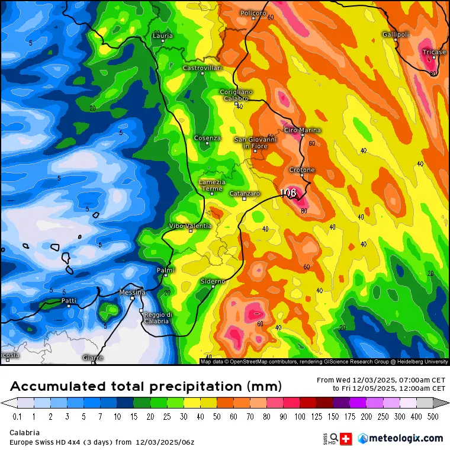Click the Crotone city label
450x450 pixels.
coord(302,170)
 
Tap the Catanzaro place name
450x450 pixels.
coord(244,194)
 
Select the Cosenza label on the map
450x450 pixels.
coord(207,138)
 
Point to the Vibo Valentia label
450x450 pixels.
coord(190,226)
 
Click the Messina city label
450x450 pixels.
coord(132,292)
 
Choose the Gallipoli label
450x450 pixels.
coord(396,34)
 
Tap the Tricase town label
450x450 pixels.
coord(434,52)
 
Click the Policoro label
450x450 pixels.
coord(253,13)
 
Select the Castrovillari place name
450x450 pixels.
coord(202,68)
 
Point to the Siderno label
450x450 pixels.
coord(213,281)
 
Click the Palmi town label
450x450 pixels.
coord(165,270)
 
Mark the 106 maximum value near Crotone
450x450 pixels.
coord(288,193)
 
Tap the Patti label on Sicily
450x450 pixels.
coord(69,301)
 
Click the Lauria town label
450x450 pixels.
coord(163,36)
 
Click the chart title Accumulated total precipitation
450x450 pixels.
coord(145,387)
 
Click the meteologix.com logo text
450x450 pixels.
coord(406,438)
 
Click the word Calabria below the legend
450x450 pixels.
coord(24,433)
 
